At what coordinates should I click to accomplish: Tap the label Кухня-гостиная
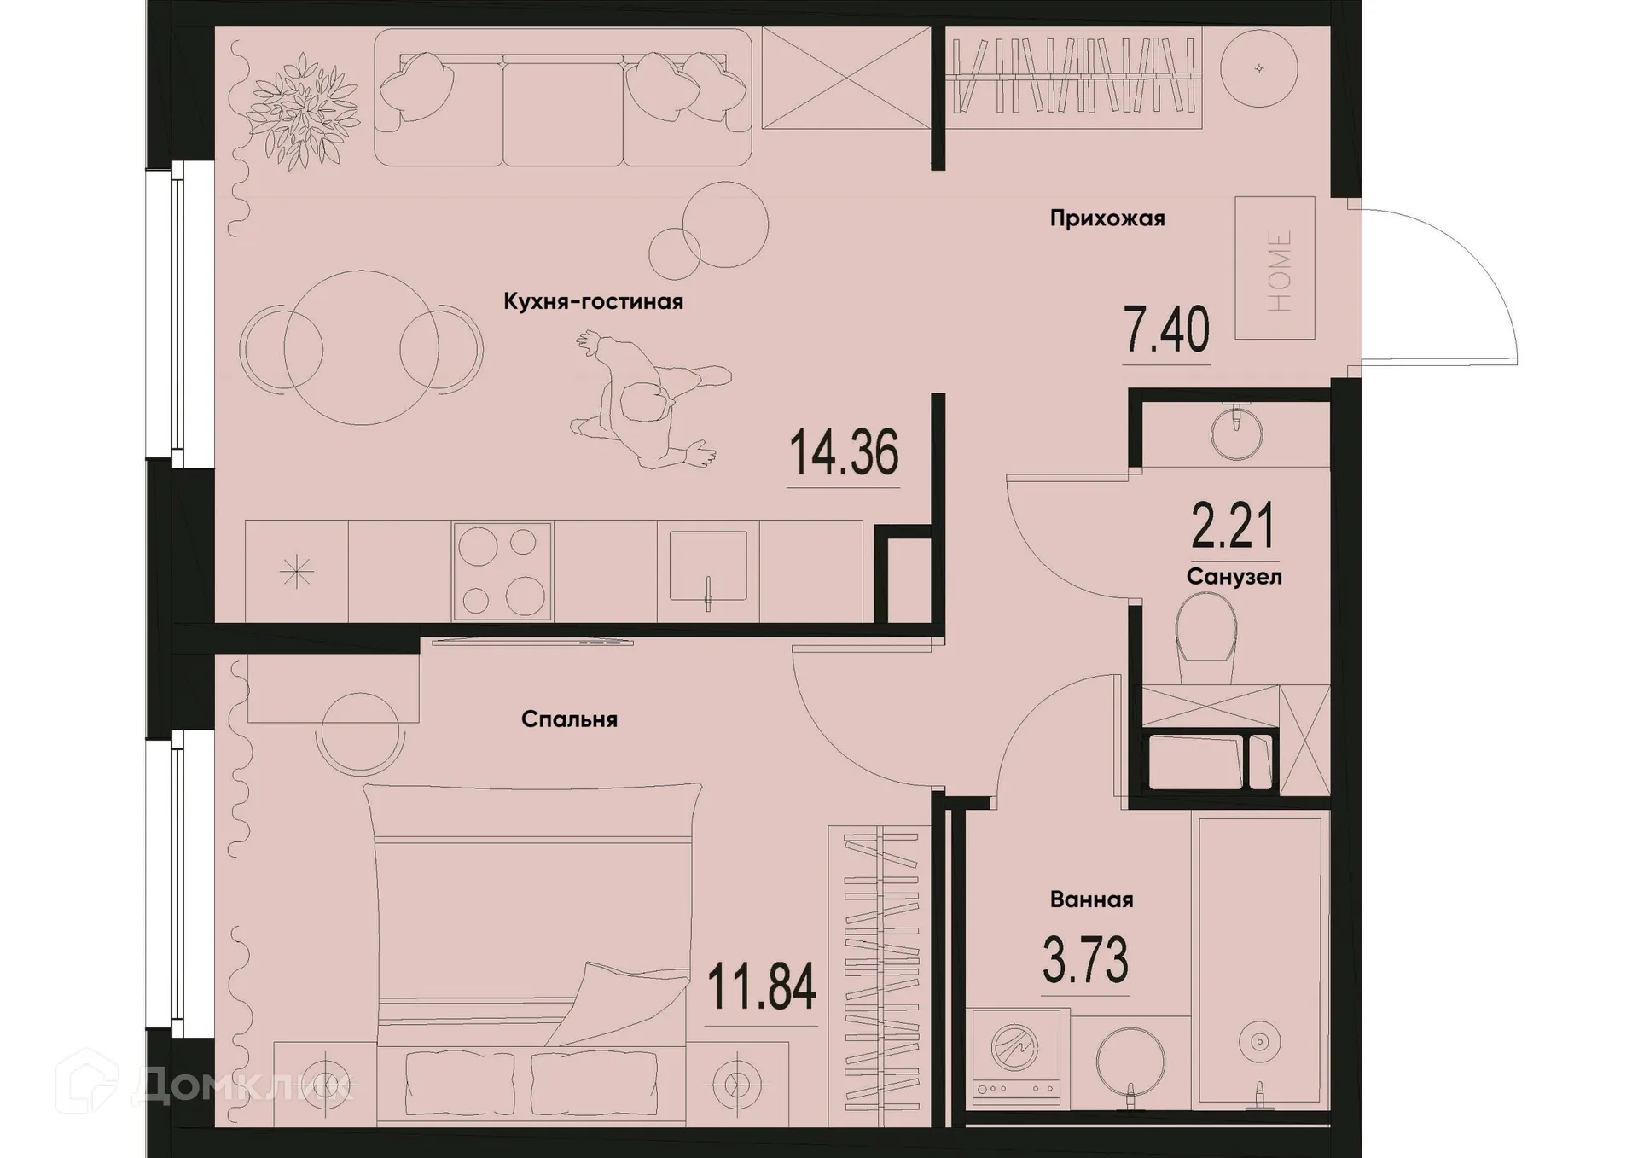pos(593,302)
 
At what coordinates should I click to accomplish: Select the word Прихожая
pos(1107,218)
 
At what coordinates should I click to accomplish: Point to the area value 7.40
pos(1166,331)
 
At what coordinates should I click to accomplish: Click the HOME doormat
pos(1275,268)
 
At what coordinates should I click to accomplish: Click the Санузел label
pos(1234,577)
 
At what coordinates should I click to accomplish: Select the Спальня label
pos(569,719)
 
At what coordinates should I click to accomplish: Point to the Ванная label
pos(1091,899)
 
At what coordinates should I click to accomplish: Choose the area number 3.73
pos(1085,959)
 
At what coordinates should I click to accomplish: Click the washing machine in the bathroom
pos(1016,1055)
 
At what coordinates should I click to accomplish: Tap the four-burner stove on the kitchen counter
pos(502,571)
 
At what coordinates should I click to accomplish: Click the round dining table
pos(361,347)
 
